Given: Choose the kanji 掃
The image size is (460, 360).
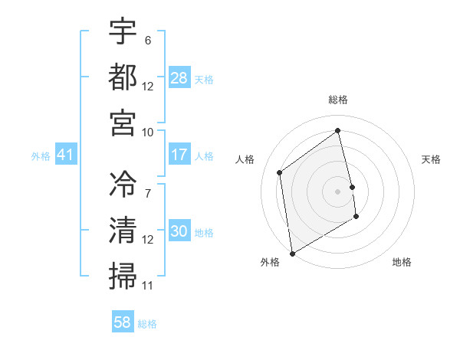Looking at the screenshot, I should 123,274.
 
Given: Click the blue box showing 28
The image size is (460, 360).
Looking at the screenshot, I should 179,78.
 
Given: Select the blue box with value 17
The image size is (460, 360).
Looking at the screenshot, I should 179,155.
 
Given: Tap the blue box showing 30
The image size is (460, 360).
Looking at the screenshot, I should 179,232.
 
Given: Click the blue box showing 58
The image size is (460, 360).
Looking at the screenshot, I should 123,322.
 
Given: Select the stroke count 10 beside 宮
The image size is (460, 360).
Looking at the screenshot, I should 148,131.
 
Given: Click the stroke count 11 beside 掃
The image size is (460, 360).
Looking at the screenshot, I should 148,286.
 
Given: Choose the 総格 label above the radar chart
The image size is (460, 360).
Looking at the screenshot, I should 338,100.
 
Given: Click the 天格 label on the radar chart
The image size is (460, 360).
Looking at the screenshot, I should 431,159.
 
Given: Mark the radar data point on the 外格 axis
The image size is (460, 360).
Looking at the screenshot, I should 292,253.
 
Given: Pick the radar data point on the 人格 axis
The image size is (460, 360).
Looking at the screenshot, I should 280,172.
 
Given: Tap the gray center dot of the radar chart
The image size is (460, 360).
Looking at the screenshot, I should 338,191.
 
